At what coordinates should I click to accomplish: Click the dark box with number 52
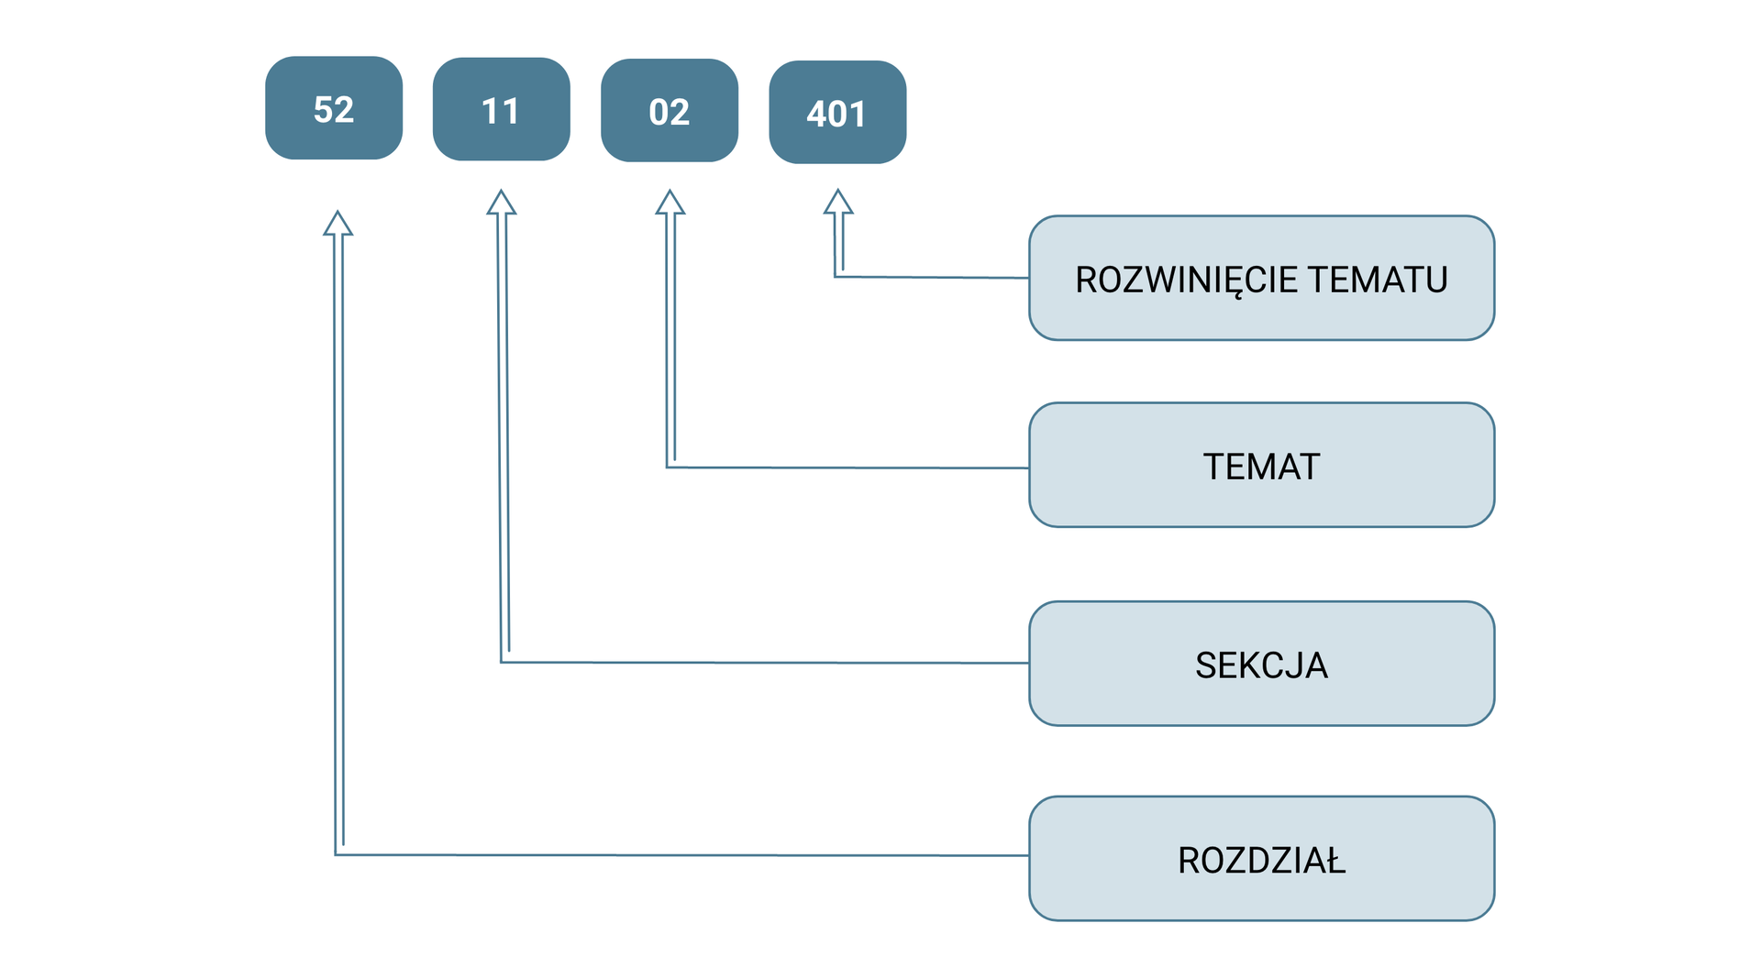[x=334, y=108]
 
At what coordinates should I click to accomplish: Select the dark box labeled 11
[x=501, y=110]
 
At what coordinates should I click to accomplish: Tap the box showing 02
[x=670, y=111]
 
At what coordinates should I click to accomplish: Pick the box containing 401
[x=837, y=113]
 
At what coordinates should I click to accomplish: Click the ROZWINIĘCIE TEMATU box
[x=1261, y=279]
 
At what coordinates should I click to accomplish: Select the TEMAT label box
[x=1261, y=466]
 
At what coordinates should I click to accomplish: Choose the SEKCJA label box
[x=1261, y=665]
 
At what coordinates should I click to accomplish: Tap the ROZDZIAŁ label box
[x=1261, y=859]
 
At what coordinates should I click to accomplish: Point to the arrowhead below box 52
[x=338, y=224]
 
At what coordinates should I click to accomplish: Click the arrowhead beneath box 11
[x=501, y=203]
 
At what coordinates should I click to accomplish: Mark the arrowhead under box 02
[x=670, y=203]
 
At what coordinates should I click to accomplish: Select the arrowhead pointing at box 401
[x=838, y=203]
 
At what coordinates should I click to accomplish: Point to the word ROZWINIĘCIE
[x=1185, y=280]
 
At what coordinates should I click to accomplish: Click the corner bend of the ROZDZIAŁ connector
[x=337, y=853]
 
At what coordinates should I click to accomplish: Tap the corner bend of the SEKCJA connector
[x=503, y=660]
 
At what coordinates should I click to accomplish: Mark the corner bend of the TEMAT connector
[x=669, y=466]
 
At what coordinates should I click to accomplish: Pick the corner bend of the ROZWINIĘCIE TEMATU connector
[x=836, y=275]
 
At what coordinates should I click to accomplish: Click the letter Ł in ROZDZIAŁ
[x=1335, y=861]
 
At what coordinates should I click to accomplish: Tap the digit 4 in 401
[x=816, y=115]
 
